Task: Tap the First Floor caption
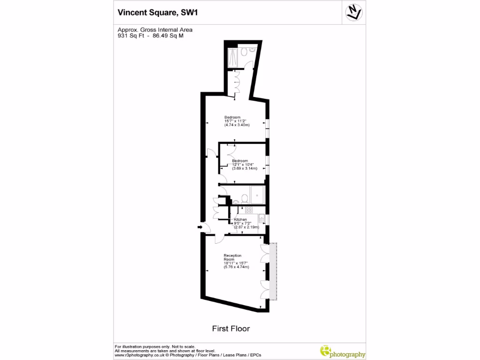click(x=231, y=329)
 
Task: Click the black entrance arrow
click(x=199, y=227)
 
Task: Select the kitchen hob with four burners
click(x=248, y=210)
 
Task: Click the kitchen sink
click(x=262, y=218)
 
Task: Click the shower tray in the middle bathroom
click(x=257, y=195)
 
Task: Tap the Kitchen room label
click(x=240, y=219)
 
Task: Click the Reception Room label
click(x=232, y=257)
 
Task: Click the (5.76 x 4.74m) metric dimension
click(x=236, y=267)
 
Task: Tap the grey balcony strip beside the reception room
click(x=275, y=271)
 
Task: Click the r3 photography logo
click(x=342, y=351)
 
